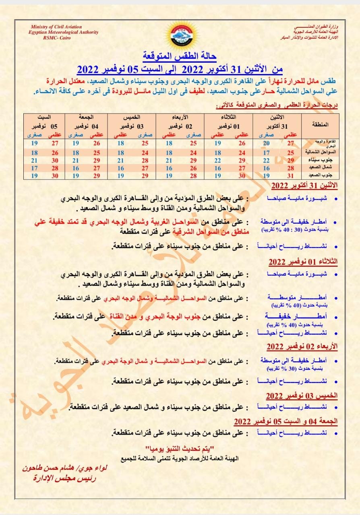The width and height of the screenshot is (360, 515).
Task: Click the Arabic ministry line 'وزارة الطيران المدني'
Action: [312, 26]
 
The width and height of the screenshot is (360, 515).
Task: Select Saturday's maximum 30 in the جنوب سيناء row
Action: [55, 160]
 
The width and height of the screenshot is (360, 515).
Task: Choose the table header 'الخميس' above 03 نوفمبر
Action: [133, 117]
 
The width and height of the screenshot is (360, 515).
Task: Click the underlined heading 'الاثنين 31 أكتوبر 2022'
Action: [304, 186]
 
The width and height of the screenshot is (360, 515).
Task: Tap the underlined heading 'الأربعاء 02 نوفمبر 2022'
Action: [302, 346]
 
